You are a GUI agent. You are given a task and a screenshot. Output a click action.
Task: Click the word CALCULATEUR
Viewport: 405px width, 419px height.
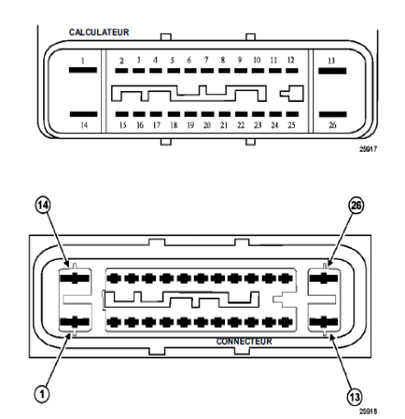click(99, 32)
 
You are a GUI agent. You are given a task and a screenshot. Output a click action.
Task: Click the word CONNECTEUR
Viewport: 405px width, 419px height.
click(244, 341)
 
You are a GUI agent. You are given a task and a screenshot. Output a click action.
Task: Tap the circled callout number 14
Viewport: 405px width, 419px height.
click(43, 205)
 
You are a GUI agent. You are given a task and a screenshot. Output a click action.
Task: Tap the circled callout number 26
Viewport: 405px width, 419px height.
click(356, 205)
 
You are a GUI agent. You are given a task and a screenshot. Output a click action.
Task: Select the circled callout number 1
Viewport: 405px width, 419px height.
click(42, 393)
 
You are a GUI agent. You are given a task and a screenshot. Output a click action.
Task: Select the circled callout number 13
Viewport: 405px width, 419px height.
click(354, 397)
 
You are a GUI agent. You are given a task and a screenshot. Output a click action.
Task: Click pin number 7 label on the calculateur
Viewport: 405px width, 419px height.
click(206, 60)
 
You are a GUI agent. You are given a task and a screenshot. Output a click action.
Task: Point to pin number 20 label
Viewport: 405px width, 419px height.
click(207, 125)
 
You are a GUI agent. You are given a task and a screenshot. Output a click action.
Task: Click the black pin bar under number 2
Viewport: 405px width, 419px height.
click(121, 71)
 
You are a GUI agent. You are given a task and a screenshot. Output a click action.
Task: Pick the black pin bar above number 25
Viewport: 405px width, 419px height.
click(292, 114)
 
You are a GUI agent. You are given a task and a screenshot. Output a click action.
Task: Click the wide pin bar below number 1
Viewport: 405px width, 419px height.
click(83, 70)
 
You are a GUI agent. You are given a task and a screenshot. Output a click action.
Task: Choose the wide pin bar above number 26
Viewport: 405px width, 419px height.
click(332, 115)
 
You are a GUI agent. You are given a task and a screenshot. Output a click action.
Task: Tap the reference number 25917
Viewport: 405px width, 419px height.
click(368, 149)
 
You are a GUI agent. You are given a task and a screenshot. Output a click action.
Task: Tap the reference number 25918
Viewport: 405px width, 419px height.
click(368, 411)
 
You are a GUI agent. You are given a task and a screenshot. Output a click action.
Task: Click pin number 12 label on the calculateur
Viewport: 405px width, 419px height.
click(291, 60)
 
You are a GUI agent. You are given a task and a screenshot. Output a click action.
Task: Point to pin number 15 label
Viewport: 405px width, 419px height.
click(122, 125)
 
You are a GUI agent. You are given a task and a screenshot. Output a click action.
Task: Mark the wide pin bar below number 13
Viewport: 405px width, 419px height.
click(332, 71)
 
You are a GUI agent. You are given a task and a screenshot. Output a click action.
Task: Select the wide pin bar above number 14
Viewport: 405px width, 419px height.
click(84, 114)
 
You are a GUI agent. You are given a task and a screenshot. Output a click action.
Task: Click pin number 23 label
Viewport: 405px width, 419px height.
click(258, 125)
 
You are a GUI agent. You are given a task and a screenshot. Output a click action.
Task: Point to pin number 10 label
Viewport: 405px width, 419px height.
click(257, 60)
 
